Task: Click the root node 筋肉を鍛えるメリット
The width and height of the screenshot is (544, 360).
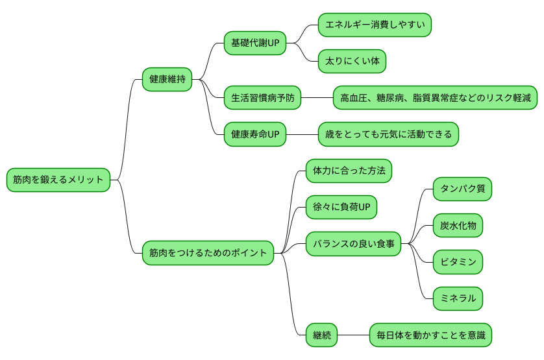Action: (58, 180)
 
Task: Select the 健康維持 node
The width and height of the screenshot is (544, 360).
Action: (167, 80)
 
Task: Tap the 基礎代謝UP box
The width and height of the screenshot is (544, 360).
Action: (254, 43)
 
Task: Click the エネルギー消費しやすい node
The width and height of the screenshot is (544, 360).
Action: (375, 25)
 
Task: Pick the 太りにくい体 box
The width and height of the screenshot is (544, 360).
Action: (352, 62)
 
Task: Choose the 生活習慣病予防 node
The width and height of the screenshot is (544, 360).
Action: (262, 98)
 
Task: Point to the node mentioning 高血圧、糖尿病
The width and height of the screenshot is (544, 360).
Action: (435, 98)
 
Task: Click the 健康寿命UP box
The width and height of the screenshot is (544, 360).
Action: (254, 134)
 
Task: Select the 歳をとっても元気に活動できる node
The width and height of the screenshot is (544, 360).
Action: (388, 134)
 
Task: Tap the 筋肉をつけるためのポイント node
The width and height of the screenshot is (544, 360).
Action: (208, 252)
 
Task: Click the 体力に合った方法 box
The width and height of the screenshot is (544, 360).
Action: (349, 171)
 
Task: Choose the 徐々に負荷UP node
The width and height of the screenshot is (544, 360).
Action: (341, 207)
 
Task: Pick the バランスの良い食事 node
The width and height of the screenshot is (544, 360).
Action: (353, 244)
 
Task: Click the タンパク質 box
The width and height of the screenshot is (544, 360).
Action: (462, 189)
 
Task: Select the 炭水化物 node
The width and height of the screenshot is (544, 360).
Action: (458, 225)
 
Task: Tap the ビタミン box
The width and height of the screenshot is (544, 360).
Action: (458, 262)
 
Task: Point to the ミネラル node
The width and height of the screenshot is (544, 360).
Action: (458, 298)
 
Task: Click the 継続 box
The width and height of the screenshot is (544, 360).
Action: (321, 335)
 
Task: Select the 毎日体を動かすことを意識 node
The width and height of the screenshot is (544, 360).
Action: (430, 335)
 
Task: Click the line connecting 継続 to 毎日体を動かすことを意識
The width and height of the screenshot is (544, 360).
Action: (353, 335)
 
